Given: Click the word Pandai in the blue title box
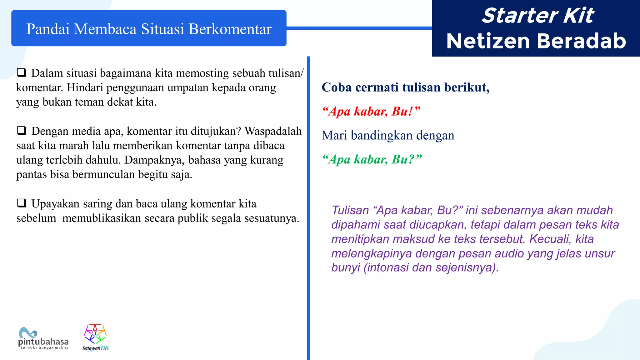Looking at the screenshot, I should coord(48,29).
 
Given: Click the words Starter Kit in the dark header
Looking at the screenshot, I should coord(537,15).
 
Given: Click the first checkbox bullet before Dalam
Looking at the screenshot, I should coord(21,72).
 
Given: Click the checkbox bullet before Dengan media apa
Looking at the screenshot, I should coord(21,130).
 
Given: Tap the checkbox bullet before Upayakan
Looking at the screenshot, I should coord(21,203).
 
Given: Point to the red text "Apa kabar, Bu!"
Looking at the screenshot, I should coord(371,111).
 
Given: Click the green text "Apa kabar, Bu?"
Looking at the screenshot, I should coord(372,159).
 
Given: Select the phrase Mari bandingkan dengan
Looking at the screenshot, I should coord(388,135).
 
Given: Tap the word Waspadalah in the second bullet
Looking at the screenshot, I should coord(273,131).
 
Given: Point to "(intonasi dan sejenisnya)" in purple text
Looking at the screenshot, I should coord(431,267).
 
